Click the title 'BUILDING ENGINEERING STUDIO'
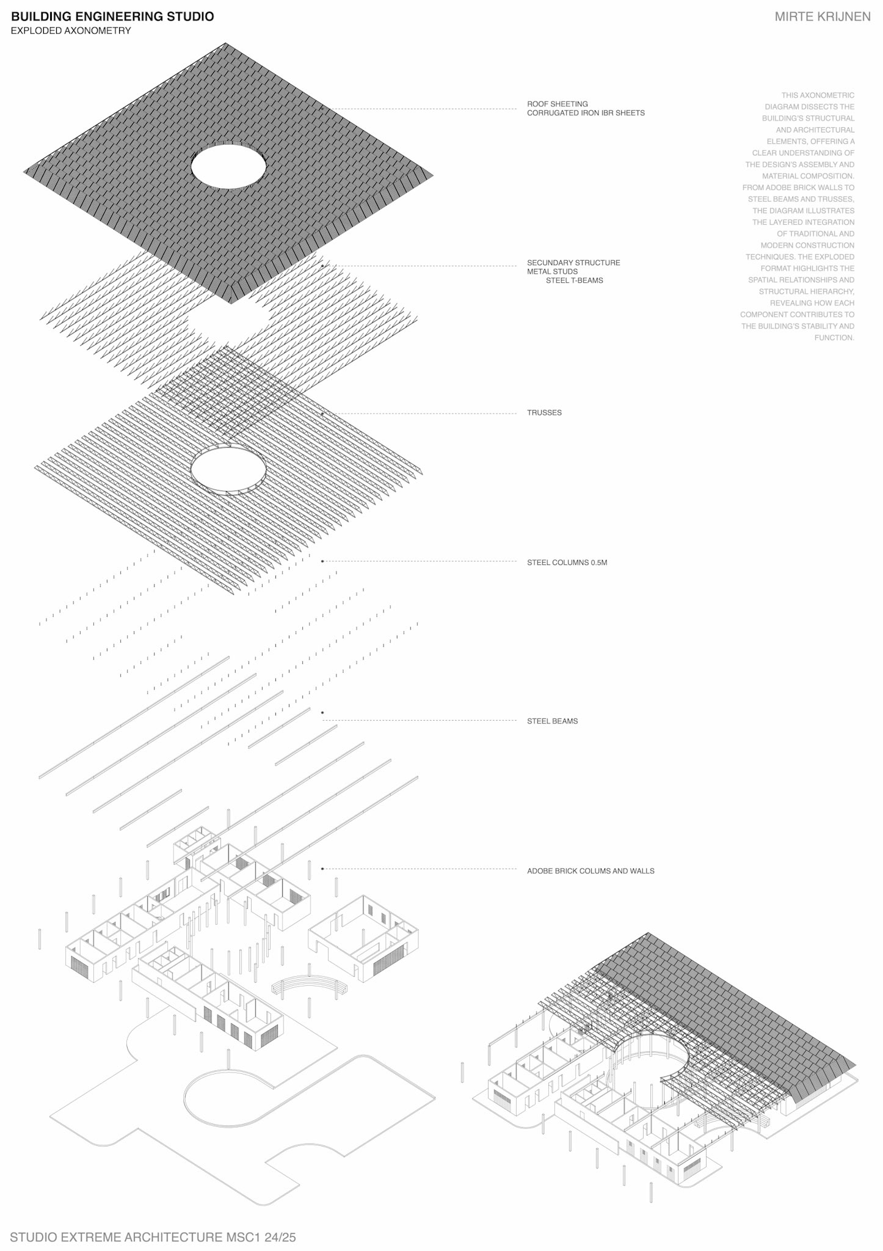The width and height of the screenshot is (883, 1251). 112,16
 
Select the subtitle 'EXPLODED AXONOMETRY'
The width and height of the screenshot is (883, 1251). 71,31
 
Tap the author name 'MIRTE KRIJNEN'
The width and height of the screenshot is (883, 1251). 822,17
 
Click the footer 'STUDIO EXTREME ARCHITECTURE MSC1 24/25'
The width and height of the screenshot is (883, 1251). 153,1237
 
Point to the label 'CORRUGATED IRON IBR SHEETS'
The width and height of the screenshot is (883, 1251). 586,113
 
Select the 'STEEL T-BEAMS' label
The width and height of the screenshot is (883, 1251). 574,280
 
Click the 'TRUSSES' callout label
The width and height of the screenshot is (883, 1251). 544,413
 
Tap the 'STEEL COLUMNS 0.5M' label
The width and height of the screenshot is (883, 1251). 567,563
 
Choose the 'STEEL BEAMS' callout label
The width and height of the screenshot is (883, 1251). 552,721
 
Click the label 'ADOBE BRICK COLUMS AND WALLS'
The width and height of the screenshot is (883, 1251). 590,871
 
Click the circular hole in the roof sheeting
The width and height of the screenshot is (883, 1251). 228,166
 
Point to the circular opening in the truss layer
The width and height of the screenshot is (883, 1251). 228,469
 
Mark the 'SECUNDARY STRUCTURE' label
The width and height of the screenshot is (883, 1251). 573,263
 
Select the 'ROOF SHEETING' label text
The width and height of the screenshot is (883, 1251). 557,104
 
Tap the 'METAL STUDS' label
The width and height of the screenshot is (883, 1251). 552,272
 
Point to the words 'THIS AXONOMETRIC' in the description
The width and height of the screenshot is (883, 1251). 818,95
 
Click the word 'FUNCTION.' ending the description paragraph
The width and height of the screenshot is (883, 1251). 834,338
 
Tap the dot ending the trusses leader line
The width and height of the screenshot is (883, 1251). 322,414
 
